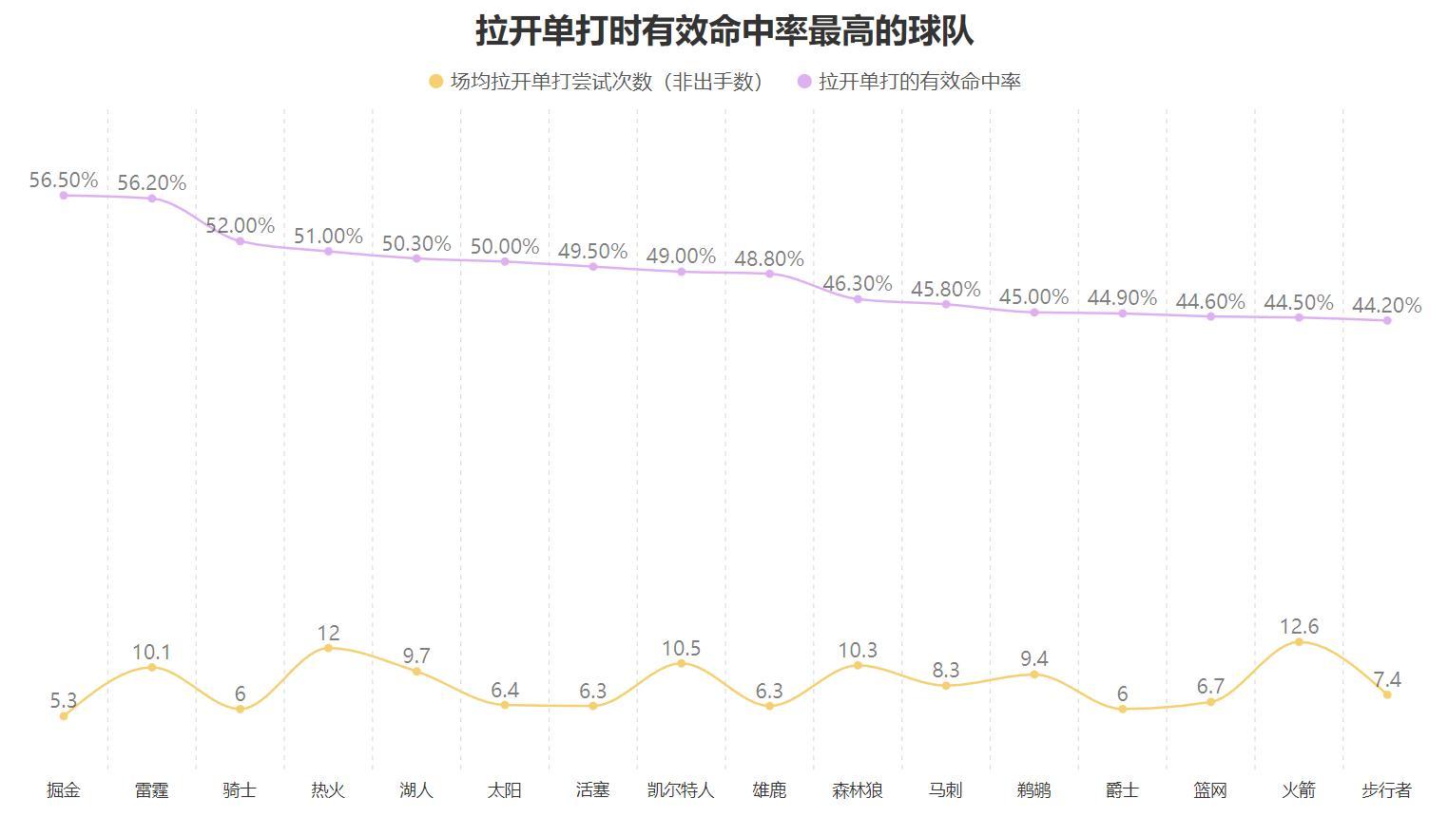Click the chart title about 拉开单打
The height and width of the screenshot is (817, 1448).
(724, 31)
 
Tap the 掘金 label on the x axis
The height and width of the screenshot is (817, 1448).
(64, 790)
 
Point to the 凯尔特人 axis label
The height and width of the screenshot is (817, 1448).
(681, 790)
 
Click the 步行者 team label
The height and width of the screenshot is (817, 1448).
(1386, 790)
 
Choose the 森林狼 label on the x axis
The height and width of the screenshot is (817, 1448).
(858, 790)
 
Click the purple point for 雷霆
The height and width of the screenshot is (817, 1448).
(152, 199)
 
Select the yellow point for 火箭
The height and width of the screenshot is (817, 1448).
(1299, 642)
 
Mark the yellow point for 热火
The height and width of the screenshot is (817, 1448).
(328, 648)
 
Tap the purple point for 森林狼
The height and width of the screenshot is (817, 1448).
(858, 299)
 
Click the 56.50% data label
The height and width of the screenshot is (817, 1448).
(64, 180)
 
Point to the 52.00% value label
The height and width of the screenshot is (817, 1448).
(240, 225)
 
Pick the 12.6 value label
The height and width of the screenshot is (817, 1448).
(1299, 626)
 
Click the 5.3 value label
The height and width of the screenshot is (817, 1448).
(64, 701)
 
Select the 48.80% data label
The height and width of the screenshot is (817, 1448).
(769, 258)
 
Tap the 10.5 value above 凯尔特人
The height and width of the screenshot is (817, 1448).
(681, 648)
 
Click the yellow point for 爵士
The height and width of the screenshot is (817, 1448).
(1123, 709)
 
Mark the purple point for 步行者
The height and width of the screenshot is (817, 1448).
(1387, 320)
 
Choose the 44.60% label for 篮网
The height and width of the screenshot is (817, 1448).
(1210, 301)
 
